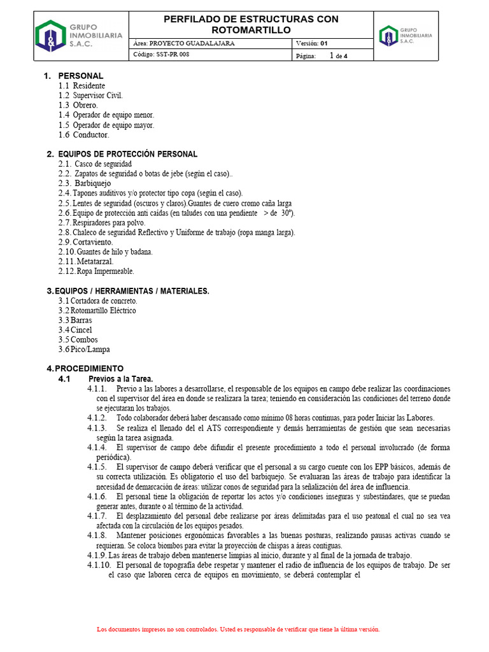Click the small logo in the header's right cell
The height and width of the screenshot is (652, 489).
click(405, 35)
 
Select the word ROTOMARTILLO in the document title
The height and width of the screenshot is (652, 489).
click(251, 30)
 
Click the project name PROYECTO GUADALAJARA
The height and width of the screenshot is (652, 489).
click(192, 43)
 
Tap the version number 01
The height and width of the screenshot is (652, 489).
click(323, 43)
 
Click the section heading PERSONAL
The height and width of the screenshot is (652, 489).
click(80, 76)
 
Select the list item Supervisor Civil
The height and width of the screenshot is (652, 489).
click(97, 96)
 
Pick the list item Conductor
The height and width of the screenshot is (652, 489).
click(91, 135)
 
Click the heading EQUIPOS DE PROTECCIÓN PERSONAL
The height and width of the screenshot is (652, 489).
click(127, 154)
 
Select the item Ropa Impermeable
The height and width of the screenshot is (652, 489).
click(106, 271)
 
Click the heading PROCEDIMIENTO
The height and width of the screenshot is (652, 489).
click(89, 369)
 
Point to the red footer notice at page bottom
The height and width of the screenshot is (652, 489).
click(238, 629)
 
